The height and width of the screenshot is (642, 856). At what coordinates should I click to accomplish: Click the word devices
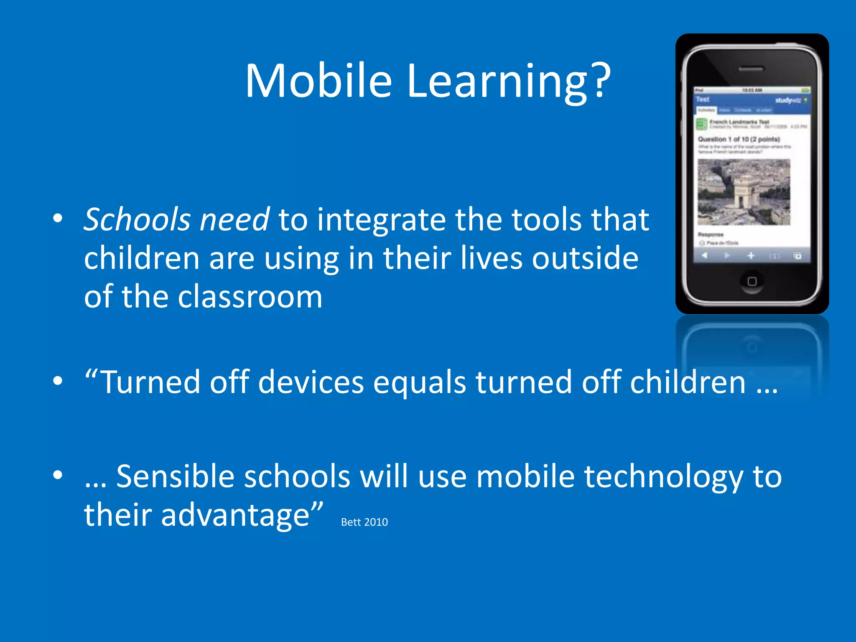pos(311,382)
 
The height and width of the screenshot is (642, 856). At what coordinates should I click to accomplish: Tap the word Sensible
pos(175,476)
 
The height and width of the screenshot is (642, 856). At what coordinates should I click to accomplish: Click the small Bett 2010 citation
pos(364,522)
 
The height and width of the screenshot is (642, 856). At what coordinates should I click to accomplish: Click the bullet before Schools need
pos(58,218)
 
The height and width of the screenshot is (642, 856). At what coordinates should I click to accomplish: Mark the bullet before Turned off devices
pos(58,381)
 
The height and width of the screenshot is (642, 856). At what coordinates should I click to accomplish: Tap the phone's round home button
pos(752,281)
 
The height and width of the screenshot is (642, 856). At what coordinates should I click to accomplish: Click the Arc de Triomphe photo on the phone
pos(744,192)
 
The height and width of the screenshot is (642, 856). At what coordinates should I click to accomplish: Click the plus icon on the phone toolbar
pos(751,255)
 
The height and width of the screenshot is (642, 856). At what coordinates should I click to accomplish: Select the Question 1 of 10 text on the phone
pos(739,139)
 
